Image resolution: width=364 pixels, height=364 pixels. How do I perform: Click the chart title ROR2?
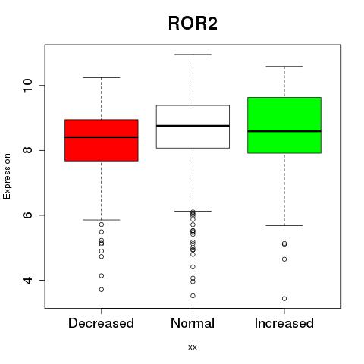tap(193, 24)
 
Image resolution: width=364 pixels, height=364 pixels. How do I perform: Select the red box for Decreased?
tap(102, 140)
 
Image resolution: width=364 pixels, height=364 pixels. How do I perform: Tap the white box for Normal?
tap(193, 127)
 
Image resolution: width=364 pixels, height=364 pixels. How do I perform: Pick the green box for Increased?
tap(284, 125)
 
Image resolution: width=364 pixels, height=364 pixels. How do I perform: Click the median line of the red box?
tap(102, 137)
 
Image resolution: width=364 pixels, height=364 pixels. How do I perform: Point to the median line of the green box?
tap(284, 131)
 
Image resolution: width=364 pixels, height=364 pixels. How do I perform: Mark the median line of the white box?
tap(193, 126)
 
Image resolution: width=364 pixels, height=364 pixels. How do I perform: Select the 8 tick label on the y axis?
tap(27, 150)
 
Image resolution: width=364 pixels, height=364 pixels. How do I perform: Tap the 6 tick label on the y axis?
tap(27, 215)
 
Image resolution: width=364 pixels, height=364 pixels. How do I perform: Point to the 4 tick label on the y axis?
tap(27, 280)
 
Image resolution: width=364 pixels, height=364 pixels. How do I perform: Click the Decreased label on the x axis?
tap(101, 323)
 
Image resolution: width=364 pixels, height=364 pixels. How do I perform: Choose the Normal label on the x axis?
tap(193, 323)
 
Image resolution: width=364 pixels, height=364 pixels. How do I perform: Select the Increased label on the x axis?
tap(284, 323)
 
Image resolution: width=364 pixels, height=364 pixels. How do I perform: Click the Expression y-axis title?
tap(7, 176)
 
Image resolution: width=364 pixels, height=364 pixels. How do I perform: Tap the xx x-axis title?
tap(193, 347)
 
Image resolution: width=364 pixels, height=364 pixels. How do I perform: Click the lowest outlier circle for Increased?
tap(284, 299)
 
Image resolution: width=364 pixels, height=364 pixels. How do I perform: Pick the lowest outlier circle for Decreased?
tap(102, 290)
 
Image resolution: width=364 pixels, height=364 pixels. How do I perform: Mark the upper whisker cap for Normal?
tap(193, 55)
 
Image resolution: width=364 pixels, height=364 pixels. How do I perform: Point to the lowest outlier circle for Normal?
tap(193, 296)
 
